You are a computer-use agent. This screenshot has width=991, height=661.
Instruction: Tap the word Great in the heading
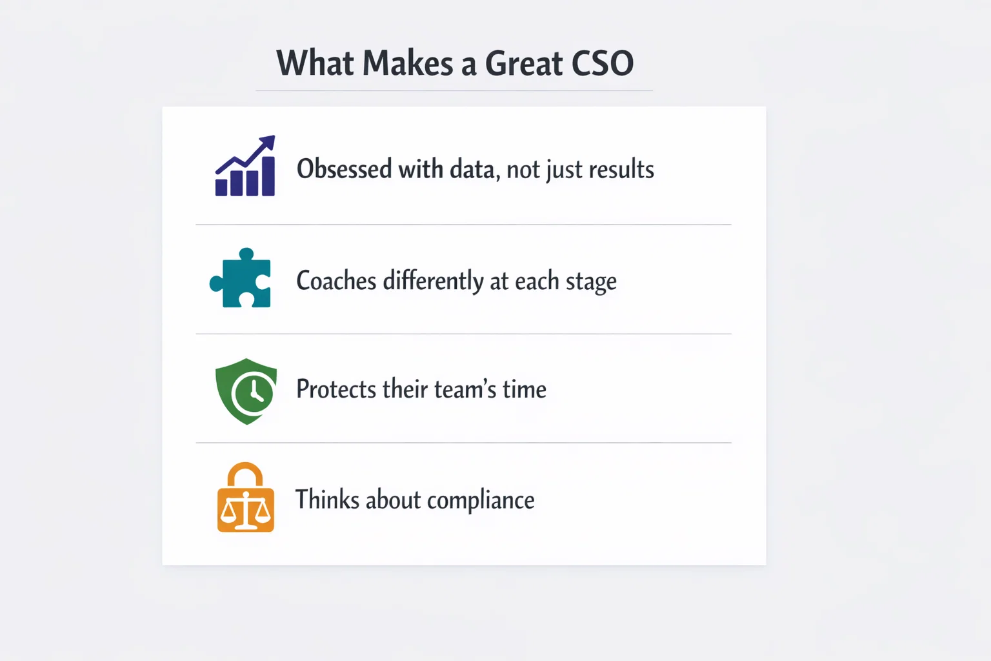point(523,64)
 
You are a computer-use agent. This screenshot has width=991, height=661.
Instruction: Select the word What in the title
point(315,64)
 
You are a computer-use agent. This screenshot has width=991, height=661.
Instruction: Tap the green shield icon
point(246,391)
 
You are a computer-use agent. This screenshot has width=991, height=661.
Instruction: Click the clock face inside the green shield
point(252,393)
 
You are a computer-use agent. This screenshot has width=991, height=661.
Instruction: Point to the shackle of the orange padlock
point(245,474)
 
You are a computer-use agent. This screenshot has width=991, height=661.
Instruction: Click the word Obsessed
point(344,169)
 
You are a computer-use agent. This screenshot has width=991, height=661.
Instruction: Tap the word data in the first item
point(473,169)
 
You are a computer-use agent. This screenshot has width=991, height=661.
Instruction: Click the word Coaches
point(336,281)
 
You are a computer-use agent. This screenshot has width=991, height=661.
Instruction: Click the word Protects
point(335,389)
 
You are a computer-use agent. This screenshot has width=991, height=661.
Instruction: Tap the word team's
point(465,389)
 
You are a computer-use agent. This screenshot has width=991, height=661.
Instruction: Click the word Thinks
point(327,500)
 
